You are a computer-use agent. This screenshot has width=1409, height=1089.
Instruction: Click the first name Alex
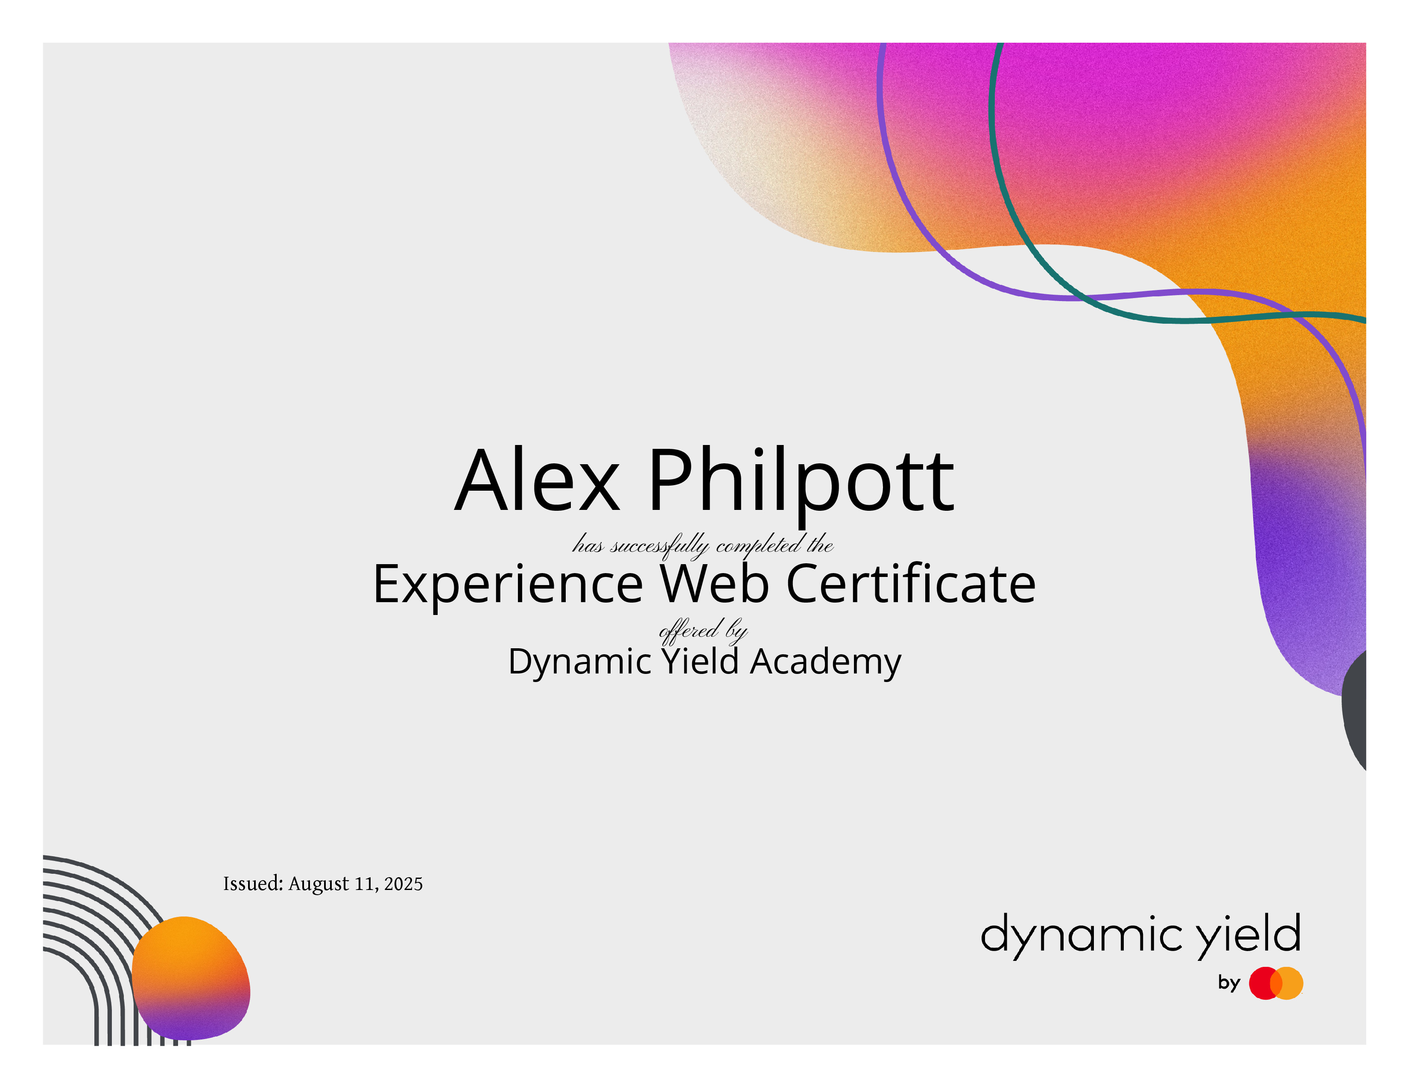[537, 480]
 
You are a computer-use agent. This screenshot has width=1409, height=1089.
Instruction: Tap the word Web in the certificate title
[715, 583]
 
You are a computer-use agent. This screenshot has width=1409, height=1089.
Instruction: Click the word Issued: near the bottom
[253, 883]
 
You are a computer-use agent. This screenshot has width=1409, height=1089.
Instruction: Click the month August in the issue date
[319, 884]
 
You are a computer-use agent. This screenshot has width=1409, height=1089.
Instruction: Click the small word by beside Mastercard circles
[1229, 983]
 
